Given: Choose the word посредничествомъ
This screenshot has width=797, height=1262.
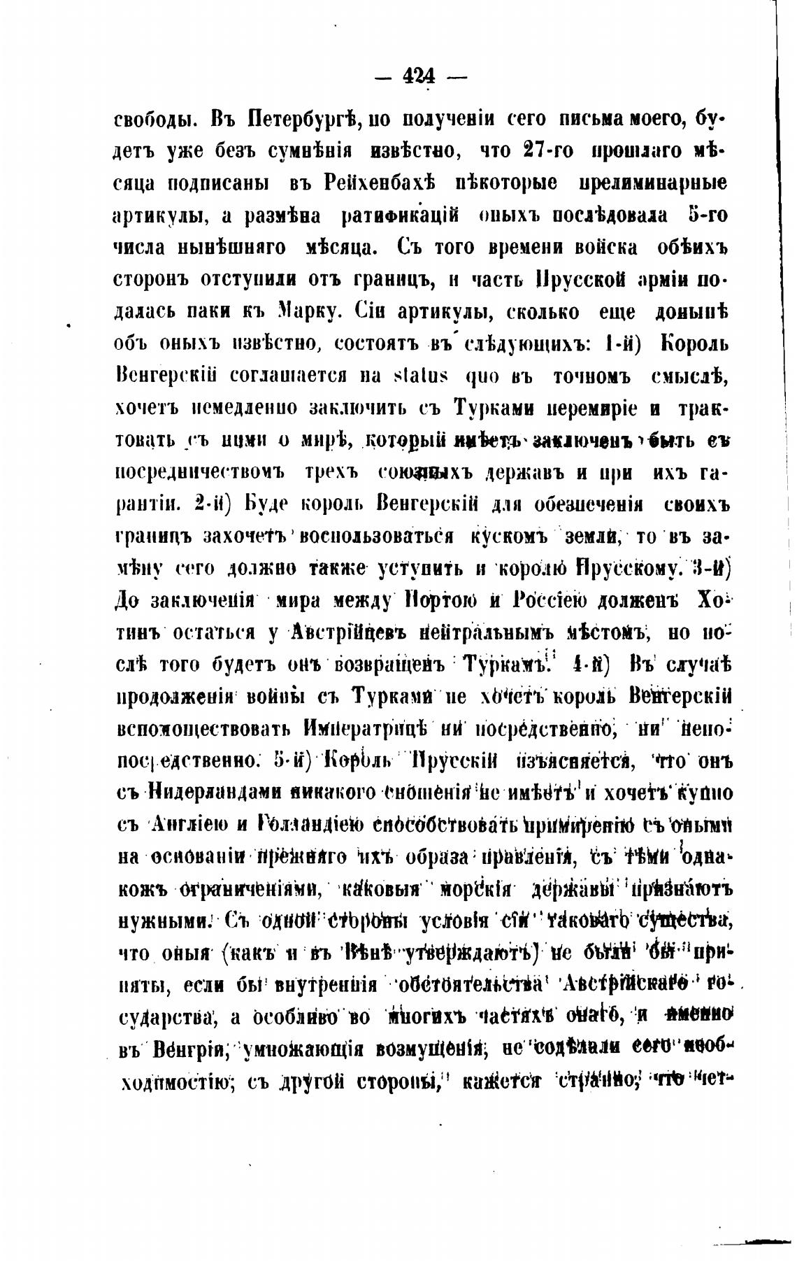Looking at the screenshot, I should pos(199,472).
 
